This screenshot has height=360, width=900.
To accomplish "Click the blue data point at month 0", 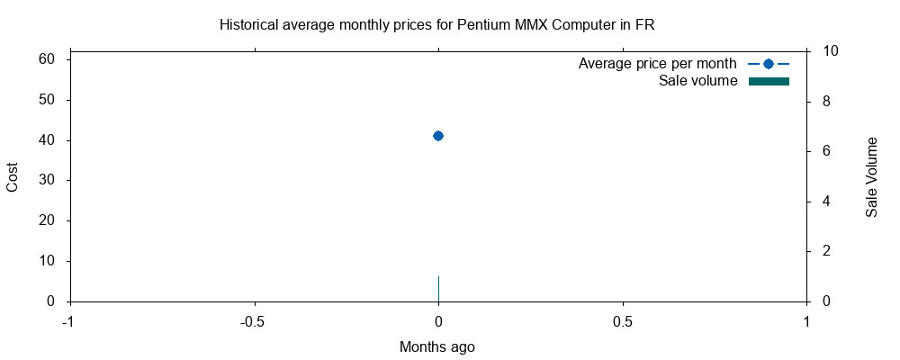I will pos(438,136).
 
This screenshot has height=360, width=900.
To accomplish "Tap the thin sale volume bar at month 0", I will pos(438,289).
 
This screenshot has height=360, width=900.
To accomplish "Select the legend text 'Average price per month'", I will pos(658,64).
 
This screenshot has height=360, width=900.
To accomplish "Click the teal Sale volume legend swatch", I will pos(769,82).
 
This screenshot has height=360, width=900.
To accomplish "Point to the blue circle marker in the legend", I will pos(769,64).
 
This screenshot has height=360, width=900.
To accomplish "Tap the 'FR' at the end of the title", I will pos(644,25).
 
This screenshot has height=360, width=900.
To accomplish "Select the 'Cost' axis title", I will pos(13,176).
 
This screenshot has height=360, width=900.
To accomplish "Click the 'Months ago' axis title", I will pos(437,346).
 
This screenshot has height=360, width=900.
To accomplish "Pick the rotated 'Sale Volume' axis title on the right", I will pos(871,176).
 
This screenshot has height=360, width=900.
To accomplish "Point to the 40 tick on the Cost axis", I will pos(46,140).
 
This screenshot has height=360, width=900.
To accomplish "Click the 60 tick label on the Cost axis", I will pos(46,59).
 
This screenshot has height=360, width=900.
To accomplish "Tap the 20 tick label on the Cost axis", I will pos(46,220).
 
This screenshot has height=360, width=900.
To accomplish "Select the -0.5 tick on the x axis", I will pos(254,320).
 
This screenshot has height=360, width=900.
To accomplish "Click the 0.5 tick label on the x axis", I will pos(623,320).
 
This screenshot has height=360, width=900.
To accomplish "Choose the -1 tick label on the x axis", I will pos(69,320).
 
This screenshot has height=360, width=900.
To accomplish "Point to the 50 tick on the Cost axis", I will pos(46,100).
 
